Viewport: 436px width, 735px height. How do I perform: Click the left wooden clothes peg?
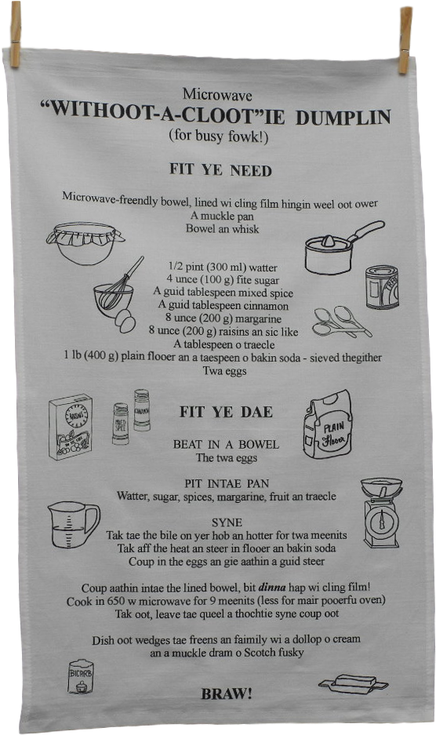click(15, 35)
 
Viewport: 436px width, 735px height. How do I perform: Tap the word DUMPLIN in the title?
click(343, 117)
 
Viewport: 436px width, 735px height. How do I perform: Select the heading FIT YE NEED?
click(221, 169)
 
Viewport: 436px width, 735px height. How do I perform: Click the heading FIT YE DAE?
click(226, 412)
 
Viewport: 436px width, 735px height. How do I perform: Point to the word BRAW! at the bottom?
click(227, 693)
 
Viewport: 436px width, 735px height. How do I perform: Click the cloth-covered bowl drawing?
click(85, 242)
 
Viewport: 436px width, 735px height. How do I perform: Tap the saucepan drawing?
click(342, 249)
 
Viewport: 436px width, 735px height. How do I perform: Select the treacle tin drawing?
click(382, 287)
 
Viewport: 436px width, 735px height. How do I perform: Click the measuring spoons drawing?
click(341, 322)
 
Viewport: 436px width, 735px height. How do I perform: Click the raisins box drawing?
click(71, 427)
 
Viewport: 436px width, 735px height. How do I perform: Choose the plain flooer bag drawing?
click(327, 424)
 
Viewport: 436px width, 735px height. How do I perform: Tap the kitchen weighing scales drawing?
click(382, 512)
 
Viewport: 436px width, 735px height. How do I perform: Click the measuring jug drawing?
click(73, 525)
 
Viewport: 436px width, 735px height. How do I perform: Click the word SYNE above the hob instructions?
click(227, 522)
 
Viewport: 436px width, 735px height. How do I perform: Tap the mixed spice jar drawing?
click(121, 424)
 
